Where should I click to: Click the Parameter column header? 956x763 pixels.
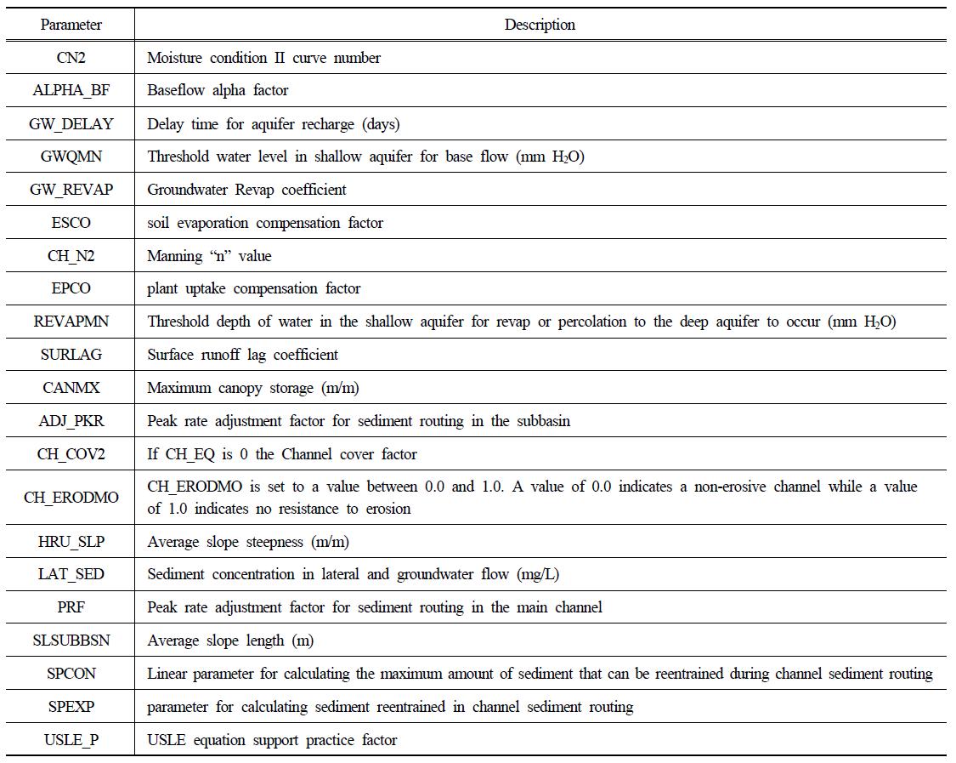[71, 25]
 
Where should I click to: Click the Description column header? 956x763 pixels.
[540, 25]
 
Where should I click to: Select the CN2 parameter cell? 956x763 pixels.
[71, 58]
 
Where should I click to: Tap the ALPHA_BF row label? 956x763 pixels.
[71, 90]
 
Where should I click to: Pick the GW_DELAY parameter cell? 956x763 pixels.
[71, 123]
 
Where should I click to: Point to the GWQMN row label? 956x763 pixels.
[71, 157]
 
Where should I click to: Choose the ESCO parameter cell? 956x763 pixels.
[71, 223]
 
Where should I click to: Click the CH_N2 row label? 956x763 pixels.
[71, 255]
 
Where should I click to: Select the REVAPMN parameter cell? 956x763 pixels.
[71, 322]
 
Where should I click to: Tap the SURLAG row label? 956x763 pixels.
[71, 355]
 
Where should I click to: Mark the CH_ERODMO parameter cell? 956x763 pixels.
[71, 498]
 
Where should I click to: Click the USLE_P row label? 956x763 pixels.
[71, 740]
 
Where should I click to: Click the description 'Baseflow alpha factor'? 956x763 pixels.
[218, 90]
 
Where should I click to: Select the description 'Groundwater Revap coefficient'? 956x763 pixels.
[246, 190]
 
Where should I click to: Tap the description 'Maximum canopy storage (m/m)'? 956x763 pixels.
[252, 388]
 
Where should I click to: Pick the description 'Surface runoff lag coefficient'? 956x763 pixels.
[242, 355]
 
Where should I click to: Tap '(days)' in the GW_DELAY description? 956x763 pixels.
[381, 123]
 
